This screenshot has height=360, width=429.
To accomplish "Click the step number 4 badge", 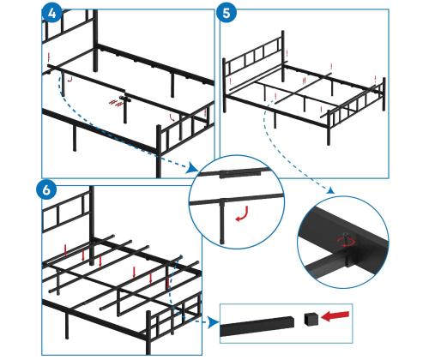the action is (x=51, y=13).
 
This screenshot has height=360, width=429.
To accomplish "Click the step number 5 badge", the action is (x=227, y=13).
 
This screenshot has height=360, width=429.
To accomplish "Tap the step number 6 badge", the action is (x=46, y=189).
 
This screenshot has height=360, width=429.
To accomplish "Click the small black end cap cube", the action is (x=311, y=319).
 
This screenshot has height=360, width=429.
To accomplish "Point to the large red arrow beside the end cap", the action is (x=335, y=316).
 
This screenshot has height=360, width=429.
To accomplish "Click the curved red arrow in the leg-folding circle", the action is (x=242, y=215).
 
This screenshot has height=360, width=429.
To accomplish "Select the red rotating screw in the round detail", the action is (x=347, y=241).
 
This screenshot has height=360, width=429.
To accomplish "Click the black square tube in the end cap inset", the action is (x=257, y=326).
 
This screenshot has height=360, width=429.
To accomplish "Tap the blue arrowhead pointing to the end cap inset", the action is (x=214, y=322).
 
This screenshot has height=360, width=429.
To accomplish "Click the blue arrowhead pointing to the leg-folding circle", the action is (x=192, y=169).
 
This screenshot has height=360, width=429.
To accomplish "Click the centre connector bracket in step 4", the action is (x=125, y=99).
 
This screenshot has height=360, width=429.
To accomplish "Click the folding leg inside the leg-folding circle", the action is (x=222, y=221).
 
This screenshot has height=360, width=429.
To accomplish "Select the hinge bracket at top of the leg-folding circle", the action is (x=241, y=174).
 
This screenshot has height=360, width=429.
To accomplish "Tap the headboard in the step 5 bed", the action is (x=254, y=59).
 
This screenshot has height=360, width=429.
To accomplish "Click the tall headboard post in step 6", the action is (x=92, y=225).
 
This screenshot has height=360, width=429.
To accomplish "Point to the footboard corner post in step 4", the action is (x=159, y=151).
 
